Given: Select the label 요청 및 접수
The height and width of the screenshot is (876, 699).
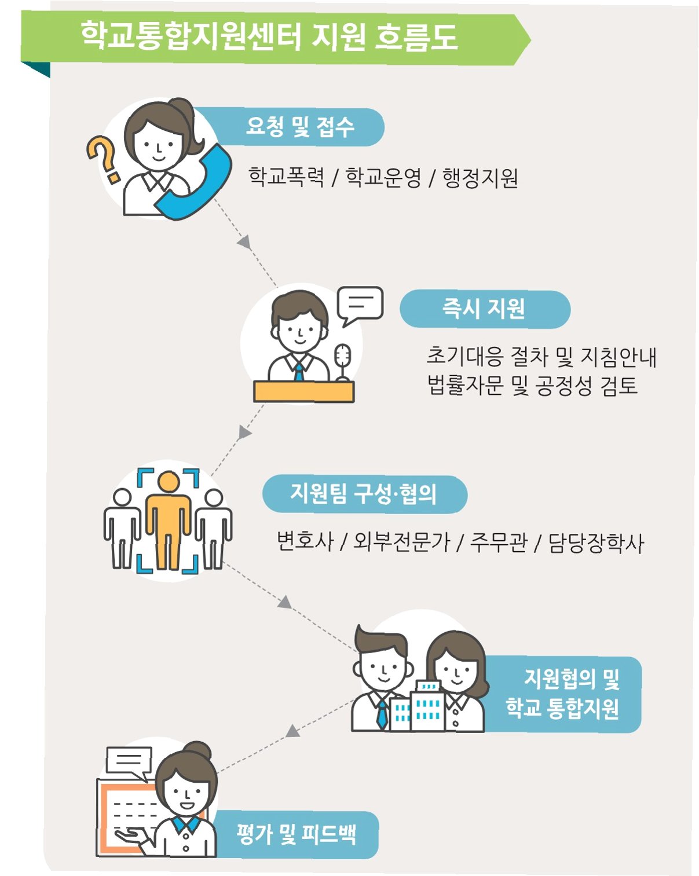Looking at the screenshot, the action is tap(299, 127).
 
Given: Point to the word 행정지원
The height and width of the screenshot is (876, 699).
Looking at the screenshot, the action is tap(480, 178).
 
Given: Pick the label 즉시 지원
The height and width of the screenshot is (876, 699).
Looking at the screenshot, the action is tap(484, 309).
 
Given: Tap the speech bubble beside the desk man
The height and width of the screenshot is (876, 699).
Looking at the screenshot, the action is tap(361, 303).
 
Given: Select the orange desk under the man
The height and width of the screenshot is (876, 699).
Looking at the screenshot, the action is tap(303, 391).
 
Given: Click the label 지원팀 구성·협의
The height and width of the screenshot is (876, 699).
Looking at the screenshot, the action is tap(364, 494).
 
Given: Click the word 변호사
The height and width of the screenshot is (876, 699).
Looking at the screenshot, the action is tap(305, 541).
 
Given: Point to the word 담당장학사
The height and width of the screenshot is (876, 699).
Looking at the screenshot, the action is tap(596, 543).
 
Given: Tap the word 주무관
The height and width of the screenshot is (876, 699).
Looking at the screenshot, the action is tap(498, 542).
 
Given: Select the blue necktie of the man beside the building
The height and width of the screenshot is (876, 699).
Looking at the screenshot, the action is tap(382, 714).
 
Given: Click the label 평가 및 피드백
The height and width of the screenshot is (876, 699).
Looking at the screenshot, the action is tap(296, 834).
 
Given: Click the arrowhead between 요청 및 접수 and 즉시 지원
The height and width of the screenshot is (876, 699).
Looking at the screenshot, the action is tap(244, 242).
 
